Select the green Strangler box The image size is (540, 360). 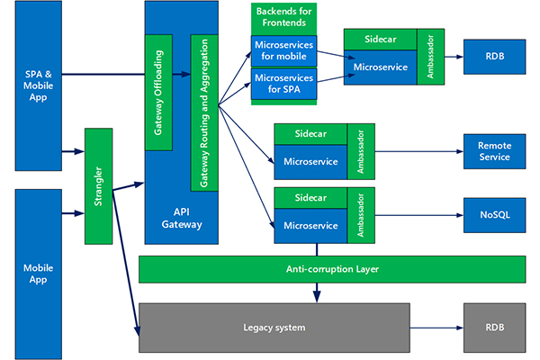98,186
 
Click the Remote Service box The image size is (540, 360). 492,151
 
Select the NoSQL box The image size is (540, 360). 492,216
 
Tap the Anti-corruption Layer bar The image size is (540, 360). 331,268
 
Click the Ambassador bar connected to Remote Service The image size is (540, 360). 362,149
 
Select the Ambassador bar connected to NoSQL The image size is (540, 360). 362,214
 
